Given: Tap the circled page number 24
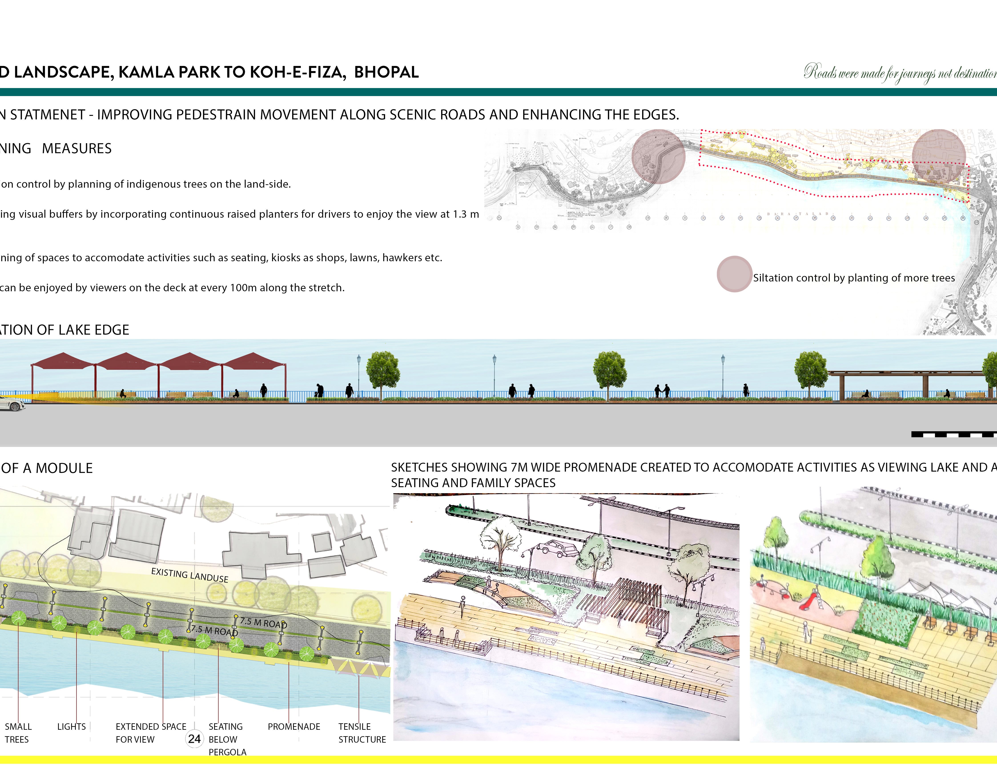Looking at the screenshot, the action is [x=194, y=739].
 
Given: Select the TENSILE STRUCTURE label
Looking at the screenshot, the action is [x=362, y=733].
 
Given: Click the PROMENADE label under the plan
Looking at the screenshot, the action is [x=294, y=727].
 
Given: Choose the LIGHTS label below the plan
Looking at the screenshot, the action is [x=71, y=727].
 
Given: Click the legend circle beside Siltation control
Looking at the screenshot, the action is [x=734, y=274].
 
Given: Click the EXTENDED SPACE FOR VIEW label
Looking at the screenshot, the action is [x=151, y=733].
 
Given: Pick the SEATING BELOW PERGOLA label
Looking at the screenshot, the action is [x=227, y=739].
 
